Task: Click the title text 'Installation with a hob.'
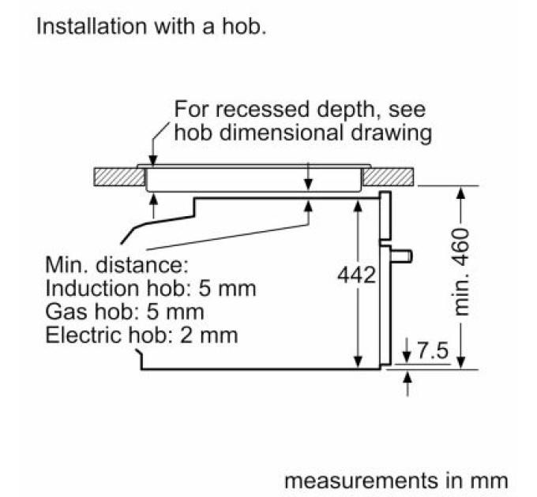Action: point(151,26)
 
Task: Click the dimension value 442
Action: point(356,275)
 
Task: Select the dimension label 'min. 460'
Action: point(460,271)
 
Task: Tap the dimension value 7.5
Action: point(433,350)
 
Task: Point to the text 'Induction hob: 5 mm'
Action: point(151,288)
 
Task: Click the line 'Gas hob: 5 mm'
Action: point(125,312)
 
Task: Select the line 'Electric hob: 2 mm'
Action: point(141,334)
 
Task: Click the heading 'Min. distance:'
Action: point(117,264)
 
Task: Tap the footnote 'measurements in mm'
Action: point(396,480)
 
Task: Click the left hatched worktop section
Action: point(119,177)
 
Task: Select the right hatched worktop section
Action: point(388,177)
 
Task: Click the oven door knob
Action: point(401,256)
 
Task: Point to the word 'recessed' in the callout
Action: point(263,109)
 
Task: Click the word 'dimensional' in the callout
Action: point(281,133)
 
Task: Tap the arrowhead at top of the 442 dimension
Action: point(358,207)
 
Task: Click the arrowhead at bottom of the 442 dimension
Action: point(358,362)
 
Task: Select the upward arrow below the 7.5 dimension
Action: point(407,383)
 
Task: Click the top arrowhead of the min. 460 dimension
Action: point(461,192)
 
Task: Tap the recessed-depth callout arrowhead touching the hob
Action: point(152,161)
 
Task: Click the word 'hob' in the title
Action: point(244,26)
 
